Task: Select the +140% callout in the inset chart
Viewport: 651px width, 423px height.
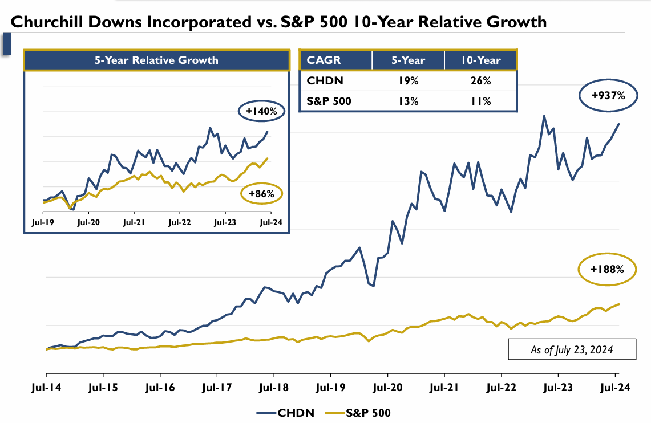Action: [261, 112]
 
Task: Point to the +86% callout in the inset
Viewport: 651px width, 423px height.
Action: [261, 194]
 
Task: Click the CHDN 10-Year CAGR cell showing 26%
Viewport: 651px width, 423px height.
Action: [480, 81]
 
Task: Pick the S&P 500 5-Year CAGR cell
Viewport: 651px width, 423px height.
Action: [408, 101]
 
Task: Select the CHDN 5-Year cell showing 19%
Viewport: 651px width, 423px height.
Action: [408, 81]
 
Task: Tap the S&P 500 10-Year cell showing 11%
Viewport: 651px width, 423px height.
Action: [480, 101]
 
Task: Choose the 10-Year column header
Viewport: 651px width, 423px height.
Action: [480, 60]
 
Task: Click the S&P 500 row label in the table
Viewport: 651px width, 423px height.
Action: [329, 101]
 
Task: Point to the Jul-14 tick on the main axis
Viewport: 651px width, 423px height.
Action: [46, 388]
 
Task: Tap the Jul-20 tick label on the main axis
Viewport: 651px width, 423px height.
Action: [387, 388]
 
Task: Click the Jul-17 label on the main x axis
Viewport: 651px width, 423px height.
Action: [217, 388]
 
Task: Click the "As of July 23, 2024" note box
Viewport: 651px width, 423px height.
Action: [572, 349]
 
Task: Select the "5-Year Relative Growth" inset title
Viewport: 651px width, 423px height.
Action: [156, 60]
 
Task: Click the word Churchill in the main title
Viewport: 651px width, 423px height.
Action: [46, 22]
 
